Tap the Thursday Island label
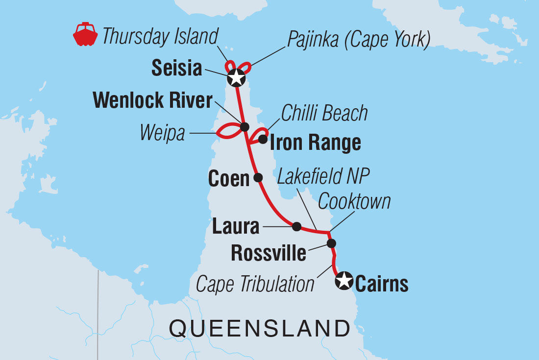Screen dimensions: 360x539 (x=160, y=36)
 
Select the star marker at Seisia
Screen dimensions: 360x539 (x=236, y=77)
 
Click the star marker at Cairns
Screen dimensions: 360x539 (x=343, y=281)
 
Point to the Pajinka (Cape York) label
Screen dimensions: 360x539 (x=359, y=40)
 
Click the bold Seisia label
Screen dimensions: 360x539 (x=176, y=69)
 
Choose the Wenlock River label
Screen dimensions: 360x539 (x=152, y=101)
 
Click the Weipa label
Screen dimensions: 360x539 (x=163, y=133)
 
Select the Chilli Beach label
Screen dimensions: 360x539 (x=324, y=113)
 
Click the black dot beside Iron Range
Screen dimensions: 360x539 (x=263, y=140)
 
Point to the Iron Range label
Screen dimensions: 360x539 (x=315, y=143)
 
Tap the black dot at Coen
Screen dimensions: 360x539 (x=258, y=177)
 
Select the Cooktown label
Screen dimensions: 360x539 (x=354, y=201)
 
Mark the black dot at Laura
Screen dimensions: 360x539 (x=296, y=226)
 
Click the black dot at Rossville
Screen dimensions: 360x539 (x=331, y=243)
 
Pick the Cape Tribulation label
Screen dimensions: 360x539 (x=255, y=284)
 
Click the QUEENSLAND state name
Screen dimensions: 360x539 (x=260, y=328)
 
